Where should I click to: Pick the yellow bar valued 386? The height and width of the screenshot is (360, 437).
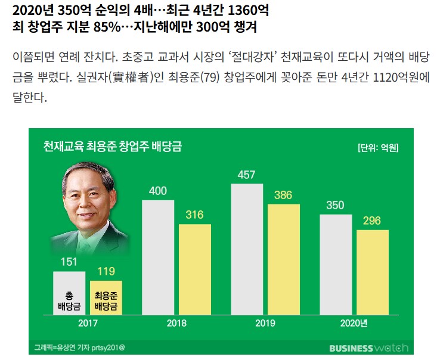coord(284,259)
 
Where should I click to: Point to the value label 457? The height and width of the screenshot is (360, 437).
coord(246,175)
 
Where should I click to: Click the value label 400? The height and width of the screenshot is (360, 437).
coord(157,191)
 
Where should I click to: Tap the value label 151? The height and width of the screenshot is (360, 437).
coord(69,262)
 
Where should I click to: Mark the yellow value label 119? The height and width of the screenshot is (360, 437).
coord(106,271)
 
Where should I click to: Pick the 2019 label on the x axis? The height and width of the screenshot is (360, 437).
coord(265,324)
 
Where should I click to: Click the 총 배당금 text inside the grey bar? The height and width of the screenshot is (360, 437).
coord(69,301)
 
